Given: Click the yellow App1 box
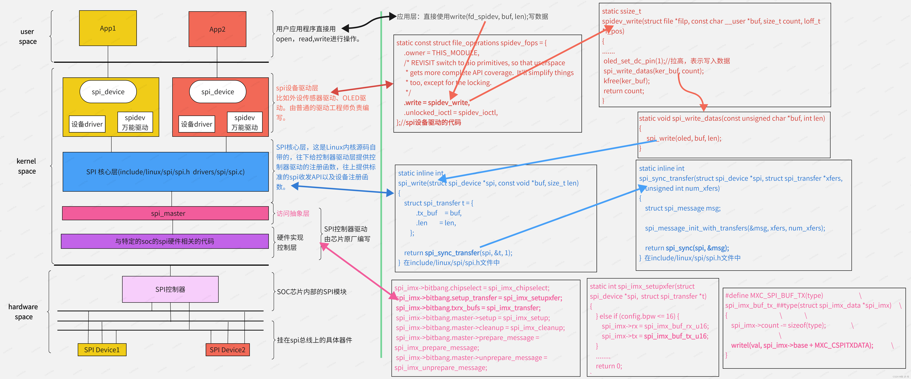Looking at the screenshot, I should click(108, 28).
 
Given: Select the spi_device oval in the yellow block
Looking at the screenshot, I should click(108, 92).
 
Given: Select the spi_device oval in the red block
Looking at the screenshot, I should click(217, 92).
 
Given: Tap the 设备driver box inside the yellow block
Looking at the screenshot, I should click(87, 124).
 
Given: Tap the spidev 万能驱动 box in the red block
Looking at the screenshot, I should click(244, 122).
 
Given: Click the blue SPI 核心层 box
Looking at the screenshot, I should click(166, 172).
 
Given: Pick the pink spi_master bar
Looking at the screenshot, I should click(166, 213).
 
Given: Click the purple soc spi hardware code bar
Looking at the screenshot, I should click(165, 241).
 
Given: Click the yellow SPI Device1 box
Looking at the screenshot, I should click(102, 350).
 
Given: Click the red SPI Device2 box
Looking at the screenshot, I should click(227, 350).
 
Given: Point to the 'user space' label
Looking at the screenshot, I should click(28, 36).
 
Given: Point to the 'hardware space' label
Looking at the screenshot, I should click(23, 311).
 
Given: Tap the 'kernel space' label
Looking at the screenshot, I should click(27, 166).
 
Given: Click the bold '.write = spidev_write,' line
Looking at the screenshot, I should click(437, 103).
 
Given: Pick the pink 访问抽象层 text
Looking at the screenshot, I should click(293, 213).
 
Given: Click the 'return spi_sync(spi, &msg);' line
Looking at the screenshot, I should click(687, 248).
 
